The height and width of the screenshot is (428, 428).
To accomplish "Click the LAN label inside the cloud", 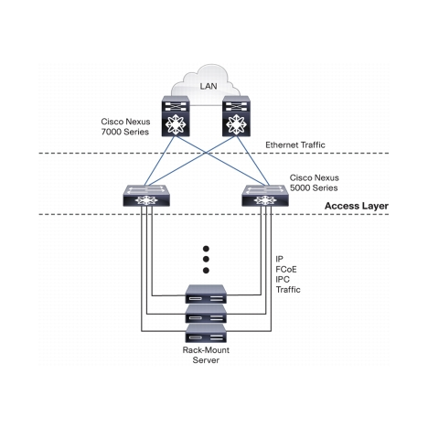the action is pos(209,86).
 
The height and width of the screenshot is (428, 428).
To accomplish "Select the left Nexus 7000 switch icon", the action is pos(176,116).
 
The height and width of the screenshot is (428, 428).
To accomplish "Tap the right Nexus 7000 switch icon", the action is pos(236,116).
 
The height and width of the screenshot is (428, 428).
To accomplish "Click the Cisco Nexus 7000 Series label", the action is pos(125,126).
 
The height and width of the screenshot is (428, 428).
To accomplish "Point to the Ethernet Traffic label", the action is pos(295,144).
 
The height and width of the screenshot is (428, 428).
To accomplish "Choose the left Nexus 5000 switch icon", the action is pos(146,196).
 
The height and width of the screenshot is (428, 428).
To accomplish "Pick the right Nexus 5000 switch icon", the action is pos(265,196).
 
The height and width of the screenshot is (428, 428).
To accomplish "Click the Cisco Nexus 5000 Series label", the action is pos(314,183).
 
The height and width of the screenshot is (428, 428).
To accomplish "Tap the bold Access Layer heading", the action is pos(357,206).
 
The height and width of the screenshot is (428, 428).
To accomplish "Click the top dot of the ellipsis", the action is pos(206,249).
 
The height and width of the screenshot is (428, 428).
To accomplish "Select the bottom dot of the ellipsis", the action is pos(206,271).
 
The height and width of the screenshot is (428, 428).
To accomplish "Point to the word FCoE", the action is pos(286,270).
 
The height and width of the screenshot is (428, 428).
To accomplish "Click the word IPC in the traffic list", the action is pos(283,280).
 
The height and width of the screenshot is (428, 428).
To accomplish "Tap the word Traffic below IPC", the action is pos(288,290).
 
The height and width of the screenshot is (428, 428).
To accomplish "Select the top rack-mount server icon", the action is pos(206,294).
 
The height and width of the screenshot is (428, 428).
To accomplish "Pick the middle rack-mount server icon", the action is pos(206,314).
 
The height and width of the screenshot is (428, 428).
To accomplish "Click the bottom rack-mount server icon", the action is pos(206,333).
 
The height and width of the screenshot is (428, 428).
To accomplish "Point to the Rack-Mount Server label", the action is pos(206,355).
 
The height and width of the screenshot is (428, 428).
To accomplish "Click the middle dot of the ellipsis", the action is pos(206,260).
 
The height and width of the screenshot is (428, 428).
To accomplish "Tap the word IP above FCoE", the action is pos(280,259).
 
